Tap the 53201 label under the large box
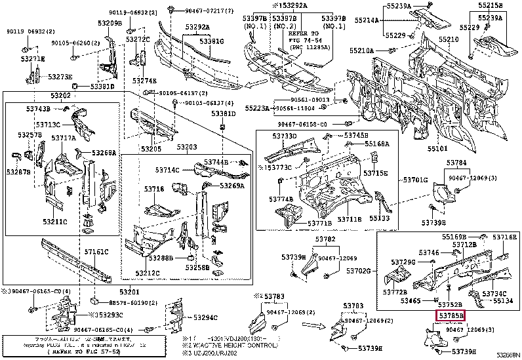click(x=130, y=292)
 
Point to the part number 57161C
click(x=96, y=251)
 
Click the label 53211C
click(x=56, y=222)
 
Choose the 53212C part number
click(x=149, y=273)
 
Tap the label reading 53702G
click(x=359, y=270)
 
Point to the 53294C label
click(x=205, y=318)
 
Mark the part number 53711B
click(x=350, y=218)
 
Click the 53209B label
click(x=110, y=24)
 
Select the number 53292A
click(x=197, y=28)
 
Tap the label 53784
click(x=457, y=161)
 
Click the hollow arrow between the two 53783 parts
click(x=320, y=325)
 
